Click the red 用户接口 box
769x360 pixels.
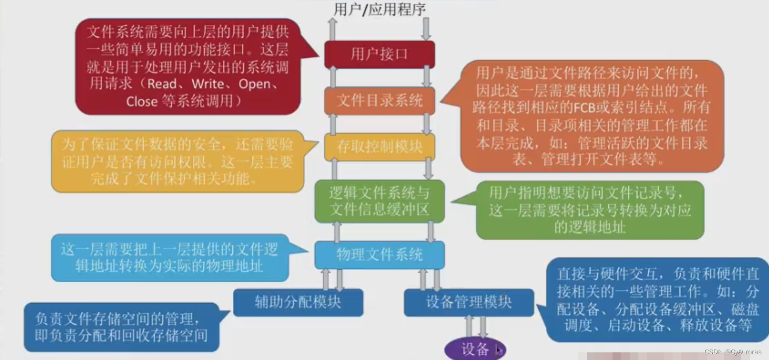coord(379,54)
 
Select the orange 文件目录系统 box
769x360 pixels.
coord(379,100)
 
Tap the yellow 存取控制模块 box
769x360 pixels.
coord(379,146)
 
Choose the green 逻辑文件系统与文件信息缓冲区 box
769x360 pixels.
coord(379,201)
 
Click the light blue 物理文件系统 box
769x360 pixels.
coord(379,254)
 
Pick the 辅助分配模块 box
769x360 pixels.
coord(298,302)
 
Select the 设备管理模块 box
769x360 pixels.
coord(468,302)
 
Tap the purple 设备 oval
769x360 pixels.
coord(475,349)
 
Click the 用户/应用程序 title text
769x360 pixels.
coord(379,9)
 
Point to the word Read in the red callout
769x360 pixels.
coord(162,84)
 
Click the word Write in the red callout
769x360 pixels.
coord(208,84)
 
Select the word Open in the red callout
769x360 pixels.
coord(255,84)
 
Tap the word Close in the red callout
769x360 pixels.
coord(142,102)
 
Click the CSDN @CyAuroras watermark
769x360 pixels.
coord(733,352)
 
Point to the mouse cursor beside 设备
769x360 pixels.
coord(498,350)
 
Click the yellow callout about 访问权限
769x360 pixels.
coord(177,162)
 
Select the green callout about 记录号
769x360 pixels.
coord(590,210)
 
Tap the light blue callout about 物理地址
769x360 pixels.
coord(169,257)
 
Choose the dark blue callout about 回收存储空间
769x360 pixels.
coord(121,327)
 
